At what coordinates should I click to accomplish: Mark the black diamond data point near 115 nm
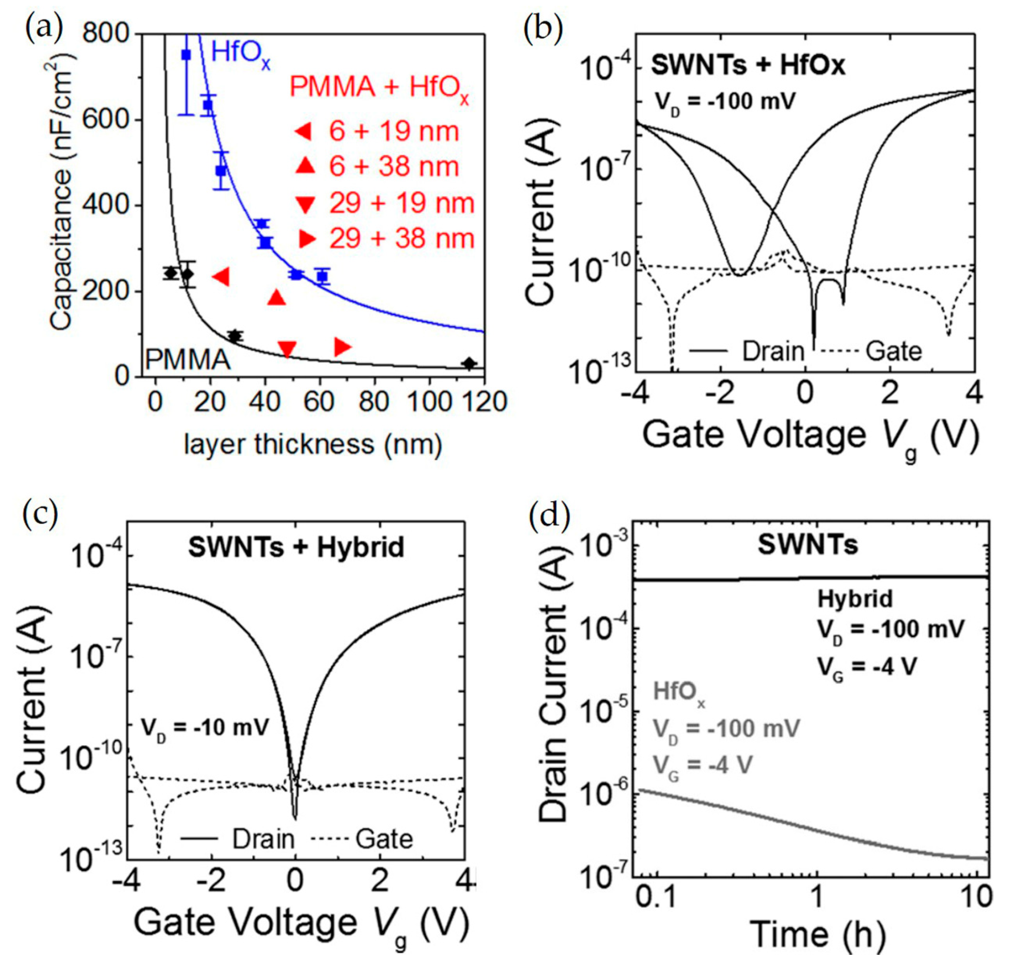pos(468,363)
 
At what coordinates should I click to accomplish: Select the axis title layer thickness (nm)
pos(313,444)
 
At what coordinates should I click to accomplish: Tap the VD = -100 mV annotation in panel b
pos(724,102)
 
